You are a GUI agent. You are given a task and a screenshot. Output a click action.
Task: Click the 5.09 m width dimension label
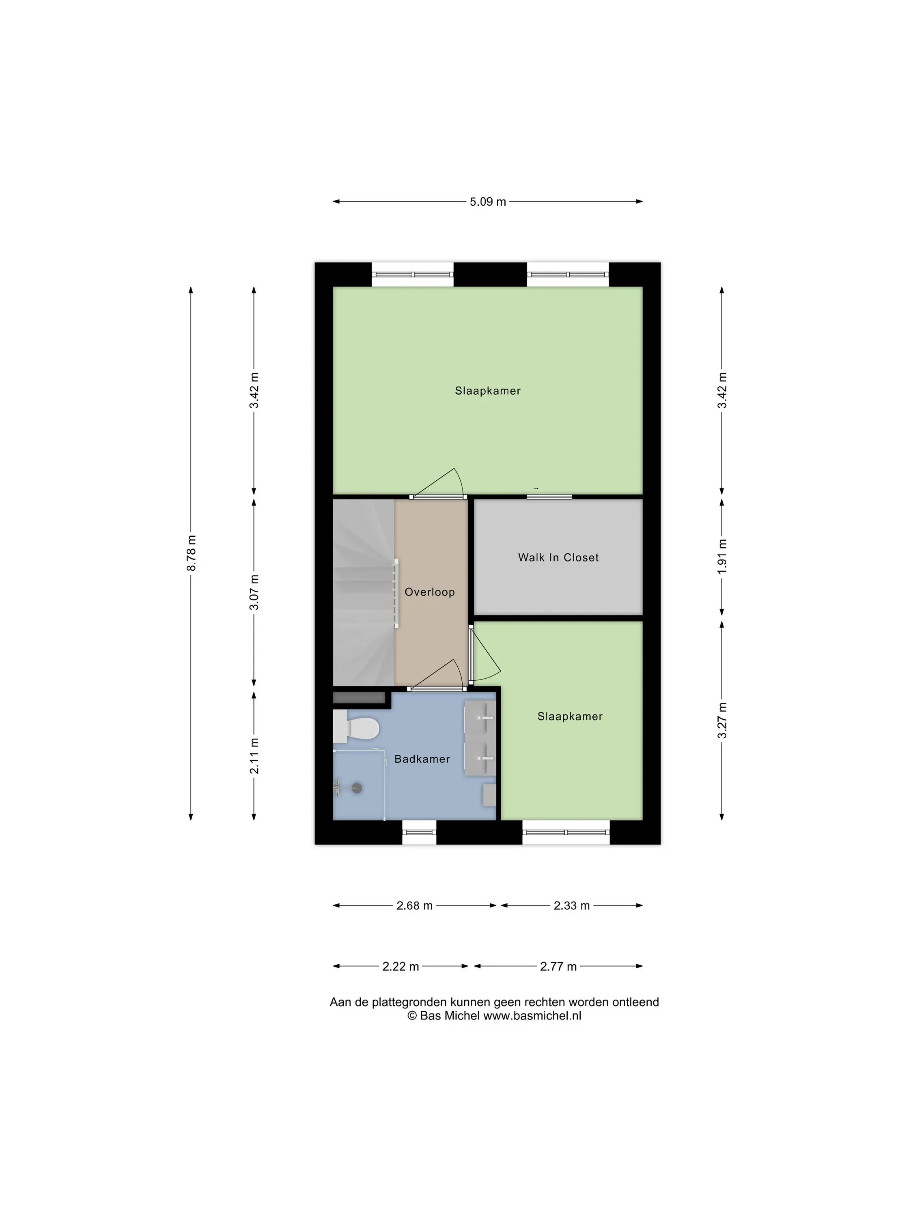487,201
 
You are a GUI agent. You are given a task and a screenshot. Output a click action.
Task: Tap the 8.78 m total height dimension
192,553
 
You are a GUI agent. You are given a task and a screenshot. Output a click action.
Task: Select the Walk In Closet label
558,557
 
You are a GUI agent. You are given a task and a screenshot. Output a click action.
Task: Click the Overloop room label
429,592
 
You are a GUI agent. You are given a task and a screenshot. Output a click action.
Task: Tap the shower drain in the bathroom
357,788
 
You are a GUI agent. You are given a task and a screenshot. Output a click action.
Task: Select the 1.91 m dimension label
722,557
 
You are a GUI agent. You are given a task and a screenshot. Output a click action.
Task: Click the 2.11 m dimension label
254,755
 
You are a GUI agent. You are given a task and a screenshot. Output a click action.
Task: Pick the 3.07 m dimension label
254,592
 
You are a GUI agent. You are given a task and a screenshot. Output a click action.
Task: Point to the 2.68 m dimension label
414,905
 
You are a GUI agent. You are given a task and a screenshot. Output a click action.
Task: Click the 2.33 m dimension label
571,905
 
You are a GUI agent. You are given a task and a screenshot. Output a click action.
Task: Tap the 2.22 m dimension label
401,966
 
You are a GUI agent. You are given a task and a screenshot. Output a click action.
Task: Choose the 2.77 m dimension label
558,966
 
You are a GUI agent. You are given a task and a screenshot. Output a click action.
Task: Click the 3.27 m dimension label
722,720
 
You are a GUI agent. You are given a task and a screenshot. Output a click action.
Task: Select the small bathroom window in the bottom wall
419,832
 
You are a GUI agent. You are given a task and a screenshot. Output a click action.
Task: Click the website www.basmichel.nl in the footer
532,1016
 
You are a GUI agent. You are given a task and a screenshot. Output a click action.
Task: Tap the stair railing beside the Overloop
396,593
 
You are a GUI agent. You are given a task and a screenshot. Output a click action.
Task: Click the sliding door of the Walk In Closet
549,497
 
